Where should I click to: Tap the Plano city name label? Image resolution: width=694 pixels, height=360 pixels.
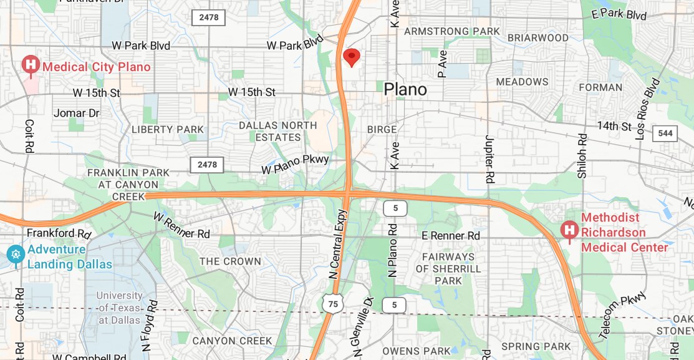tap(405, 89)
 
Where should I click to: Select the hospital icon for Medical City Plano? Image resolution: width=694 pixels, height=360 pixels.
tap(30, 65)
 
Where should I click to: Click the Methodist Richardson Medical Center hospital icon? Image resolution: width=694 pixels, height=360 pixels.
tap(569, 230)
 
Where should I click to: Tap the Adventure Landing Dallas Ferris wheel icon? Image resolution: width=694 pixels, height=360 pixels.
tap(16, 254)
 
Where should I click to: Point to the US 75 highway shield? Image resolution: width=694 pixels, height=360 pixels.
tap(333, 303)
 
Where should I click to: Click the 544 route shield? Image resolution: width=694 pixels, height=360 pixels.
tap(665, 133)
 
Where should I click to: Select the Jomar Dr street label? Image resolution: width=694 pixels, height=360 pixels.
tap(77, 113)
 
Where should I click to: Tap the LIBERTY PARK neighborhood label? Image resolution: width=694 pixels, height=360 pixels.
tap(167, 129)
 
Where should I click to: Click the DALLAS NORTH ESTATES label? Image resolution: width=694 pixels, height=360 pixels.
tap(278, 131)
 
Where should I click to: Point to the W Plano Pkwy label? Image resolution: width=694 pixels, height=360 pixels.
tap(294, 164)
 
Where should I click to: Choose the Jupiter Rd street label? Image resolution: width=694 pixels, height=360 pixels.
tap(489, 158)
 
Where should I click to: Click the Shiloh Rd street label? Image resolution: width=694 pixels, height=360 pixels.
tap(582, 155)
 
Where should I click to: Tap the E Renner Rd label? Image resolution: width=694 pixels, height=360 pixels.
tap(451, 236)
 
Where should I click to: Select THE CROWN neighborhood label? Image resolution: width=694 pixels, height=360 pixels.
tap(230, 261)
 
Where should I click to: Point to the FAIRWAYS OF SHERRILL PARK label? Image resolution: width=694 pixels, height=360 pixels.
tap(448, 268)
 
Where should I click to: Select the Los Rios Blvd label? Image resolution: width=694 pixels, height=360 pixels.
tap(647, 109)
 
